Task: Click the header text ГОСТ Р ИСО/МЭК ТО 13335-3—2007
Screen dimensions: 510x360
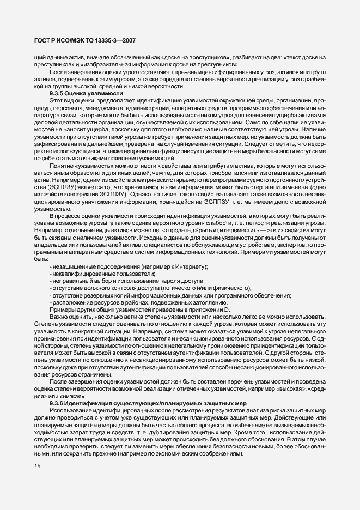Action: coord(82,40)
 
